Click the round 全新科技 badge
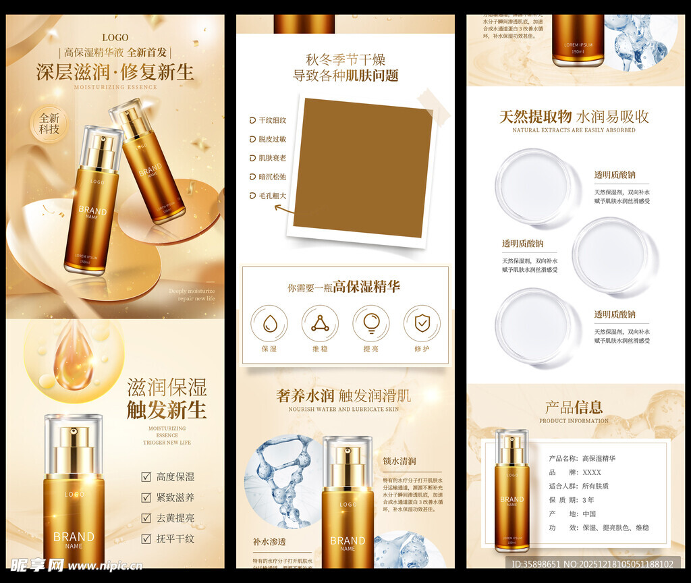[49, 123]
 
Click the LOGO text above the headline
[115, 37]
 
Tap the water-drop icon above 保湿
[269, 324]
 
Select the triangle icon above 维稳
[320, 324]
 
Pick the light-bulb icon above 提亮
[371, 324]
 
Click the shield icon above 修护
[422, 324]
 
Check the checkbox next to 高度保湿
[146, 476]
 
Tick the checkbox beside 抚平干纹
[146, 538]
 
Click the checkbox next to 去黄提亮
[146, 518]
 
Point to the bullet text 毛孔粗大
[273, 196]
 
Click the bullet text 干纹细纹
[273, 120]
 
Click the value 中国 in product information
[590, 513]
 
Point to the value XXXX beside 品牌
[592, 472]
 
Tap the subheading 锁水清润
[399, 461]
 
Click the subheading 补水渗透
[270, 541]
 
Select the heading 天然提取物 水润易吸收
[574, 117]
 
